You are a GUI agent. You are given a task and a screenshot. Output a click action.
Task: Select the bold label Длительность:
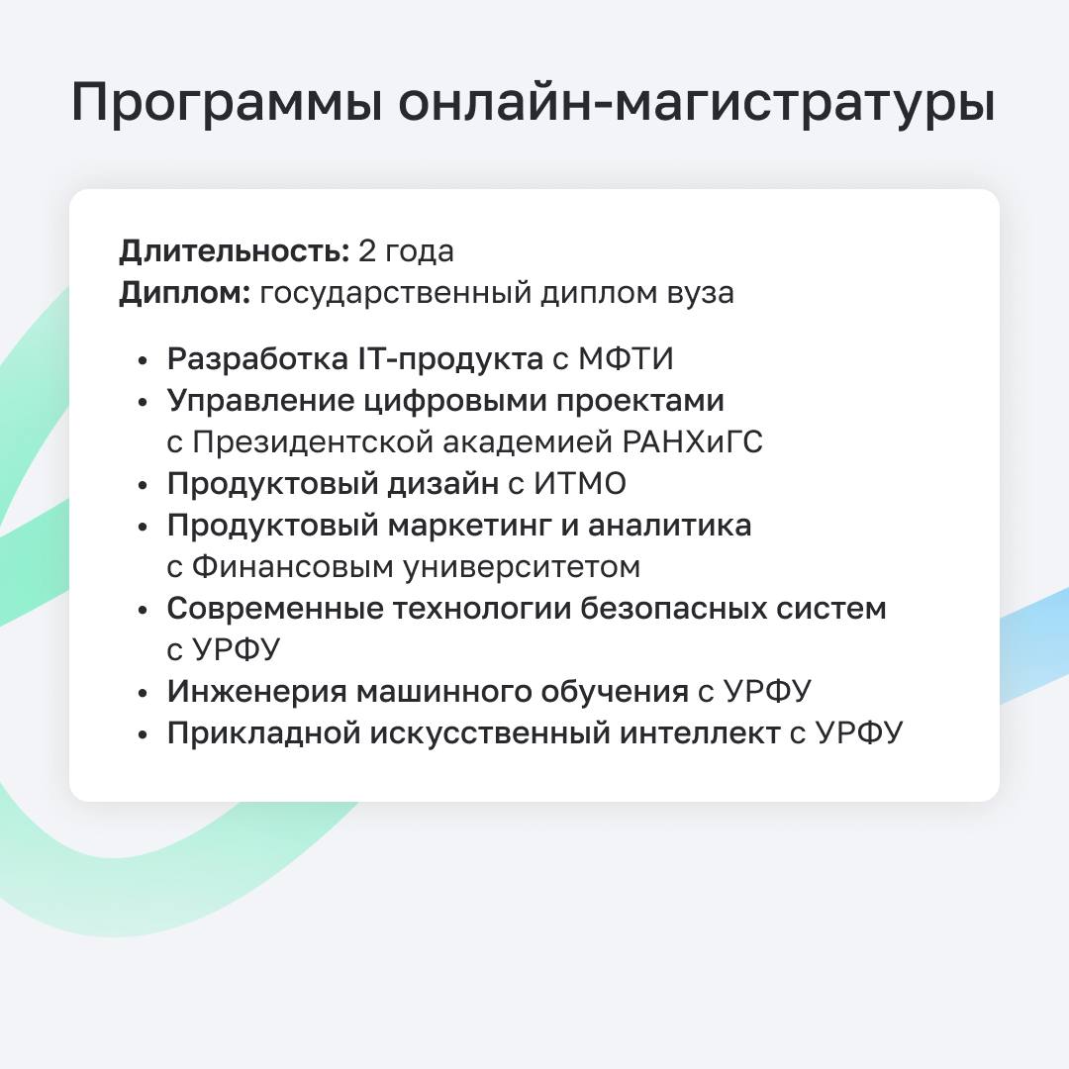point(235,251)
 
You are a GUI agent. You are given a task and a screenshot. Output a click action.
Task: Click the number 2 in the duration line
point(367,250)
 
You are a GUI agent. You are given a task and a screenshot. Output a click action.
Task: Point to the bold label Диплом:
point(185,294)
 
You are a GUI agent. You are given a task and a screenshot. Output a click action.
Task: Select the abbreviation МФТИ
point(626,358)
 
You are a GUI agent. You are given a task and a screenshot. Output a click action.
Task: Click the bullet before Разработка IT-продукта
point(143,360)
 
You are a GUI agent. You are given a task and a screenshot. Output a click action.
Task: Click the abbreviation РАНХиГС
point(693,441)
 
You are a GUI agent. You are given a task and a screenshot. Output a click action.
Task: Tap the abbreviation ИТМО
point(579,484)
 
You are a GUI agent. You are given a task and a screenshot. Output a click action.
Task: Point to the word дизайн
point(443,484)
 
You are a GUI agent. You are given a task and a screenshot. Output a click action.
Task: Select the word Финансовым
point(292,567)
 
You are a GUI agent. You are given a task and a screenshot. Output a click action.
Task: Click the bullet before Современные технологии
point(143,610)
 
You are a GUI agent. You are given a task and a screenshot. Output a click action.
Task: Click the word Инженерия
point(257,691)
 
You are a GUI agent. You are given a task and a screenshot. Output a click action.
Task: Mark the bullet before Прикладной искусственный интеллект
point(143,734)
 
